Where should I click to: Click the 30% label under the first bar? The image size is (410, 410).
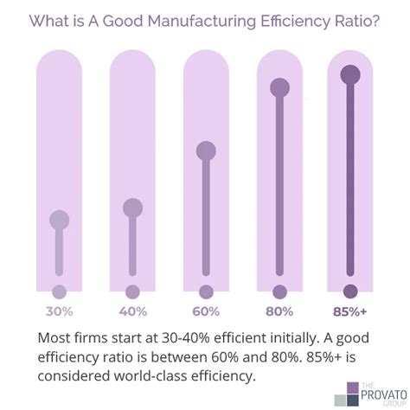point(60,311)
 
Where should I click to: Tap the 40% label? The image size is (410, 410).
point(133,311)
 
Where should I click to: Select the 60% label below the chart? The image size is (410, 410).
point(206,311)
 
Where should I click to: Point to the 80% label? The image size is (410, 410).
point(279,311)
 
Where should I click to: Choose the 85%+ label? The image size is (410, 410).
point(349,311)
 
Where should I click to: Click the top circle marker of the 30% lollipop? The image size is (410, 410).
point(60,220)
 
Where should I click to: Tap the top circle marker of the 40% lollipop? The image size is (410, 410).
point(132,208)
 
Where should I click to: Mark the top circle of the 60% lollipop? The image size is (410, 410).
point(206,151)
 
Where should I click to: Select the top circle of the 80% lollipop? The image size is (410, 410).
point(279,87)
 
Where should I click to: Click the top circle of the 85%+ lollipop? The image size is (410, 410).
point(350,74)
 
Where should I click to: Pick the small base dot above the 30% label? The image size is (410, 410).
point(60,292)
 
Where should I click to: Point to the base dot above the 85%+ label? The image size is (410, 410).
point(350,291)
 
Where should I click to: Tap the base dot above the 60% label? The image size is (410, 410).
point(206,292)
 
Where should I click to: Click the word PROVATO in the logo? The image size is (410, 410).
point(384,394)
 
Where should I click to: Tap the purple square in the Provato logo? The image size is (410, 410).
point(353,388)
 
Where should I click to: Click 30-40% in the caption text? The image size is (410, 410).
point(186,337)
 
